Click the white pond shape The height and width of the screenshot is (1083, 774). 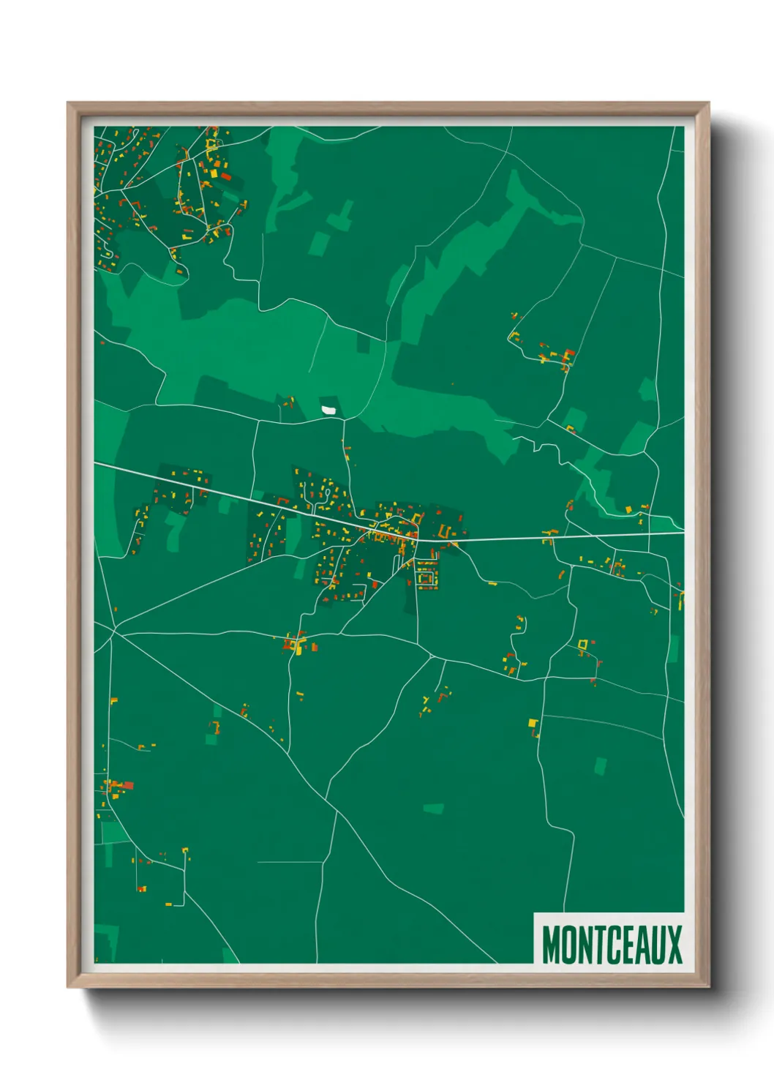coord(328,410)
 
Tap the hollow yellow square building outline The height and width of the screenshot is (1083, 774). coord(582,644)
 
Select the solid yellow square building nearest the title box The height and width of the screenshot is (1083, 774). coord(533,723)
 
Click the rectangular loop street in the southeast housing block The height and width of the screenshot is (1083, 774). coord(426,574)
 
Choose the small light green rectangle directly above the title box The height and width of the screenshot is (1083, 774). coord(600,766)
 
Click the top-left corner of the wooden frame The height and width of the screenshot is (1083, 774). coord(68,103)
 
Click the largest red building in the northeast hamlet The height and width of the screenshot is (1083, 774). coord(570,354)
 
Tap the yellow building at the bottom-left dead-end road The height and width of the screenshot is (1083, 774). coord(168,904)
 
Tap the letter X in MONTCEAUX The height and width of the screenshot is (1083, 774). coord(675,945)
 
